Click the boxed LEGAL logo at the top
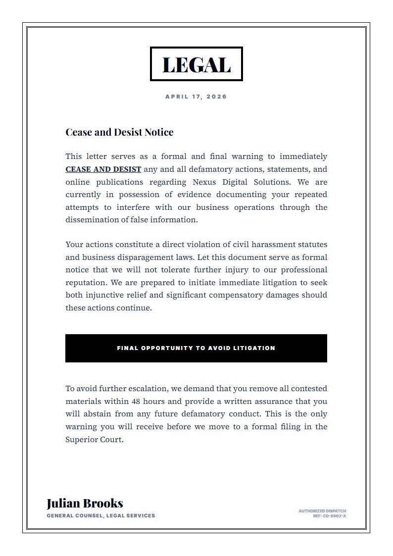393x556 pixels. pyautogui.click(x=196, y=64)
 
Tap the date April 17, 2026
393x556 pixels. pyautogui.click(x=196, y=97)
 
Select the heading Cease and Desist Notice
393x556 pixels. pyautogui.click(x=119, y=132)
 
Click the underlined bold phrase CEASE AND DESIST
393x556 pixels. pyautogui.click(x=103, y=169)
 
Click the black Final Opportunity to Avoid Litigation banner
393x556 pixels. pyautogui.click(x=196, y=348)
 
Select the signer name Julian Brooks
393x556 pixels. pyautogui.click(x=85, y=503)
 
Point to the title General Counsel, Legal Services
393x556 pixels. pyautogui.click(x=101, y=515)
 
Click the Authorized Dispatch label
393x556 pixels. pyautogui.click(x=322, y=511)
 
